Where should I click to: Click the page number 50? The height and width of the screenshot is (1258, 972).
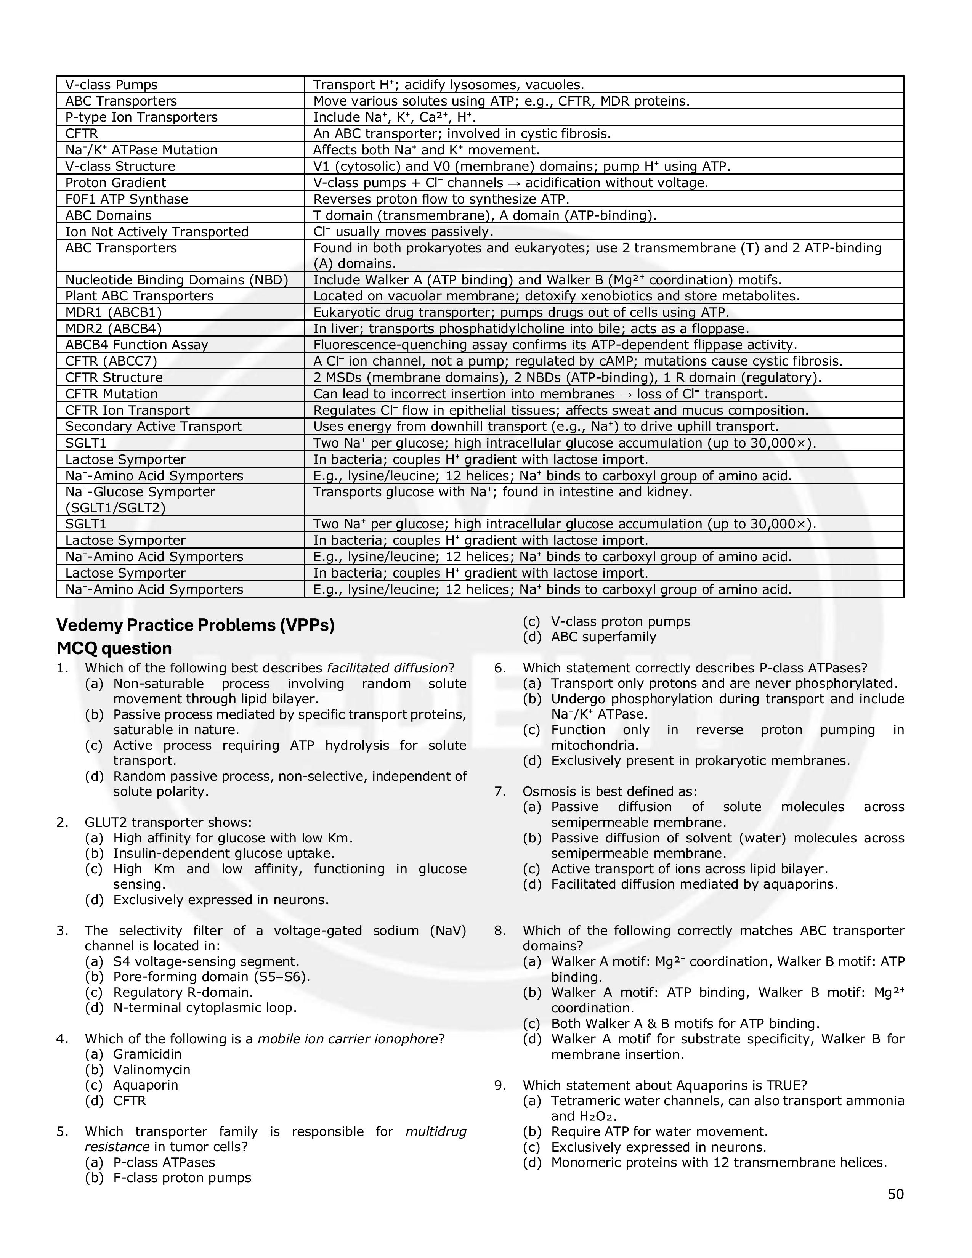point(895,1194)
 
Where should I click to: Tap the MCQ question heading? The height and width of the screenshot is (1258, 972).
point(114,648)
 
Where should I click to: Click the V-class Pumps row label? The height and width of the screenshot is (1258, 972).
point(111,85)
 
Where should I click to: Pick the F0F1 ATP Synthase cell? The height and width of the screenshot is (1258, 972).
point(127,199)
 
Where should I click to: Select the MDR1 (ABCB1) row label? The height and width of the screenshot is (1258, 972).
point(114,312)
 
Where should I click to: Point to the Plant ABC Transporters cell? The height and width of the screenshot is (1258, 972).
point(140,296)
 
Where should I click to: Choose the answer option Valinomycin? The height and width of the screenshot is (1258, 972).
point(151,1070)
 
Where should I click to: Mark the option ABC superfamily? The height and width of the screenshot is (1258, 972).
point(603,637)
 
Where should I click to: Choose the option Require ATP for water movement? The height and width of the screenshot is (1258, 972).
point(659,1131)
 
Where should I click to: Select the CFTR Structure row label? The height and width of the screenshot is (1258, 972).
point(114,378)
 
